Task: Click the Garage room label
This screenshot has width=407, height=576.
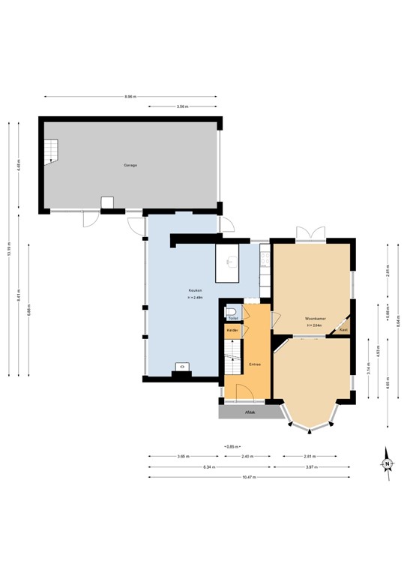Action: (130, 165)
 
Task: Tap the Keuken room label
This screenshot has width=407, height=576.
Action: (193, 291)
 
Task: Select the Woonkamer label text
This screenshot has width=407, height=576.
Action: (315, 317)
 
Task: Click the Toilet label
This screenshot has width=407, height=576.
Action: (232, 319)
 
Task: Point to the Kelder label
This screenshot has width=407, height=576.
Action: (232, 331)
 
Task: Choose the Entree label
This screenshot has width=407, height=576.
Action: (255, 364)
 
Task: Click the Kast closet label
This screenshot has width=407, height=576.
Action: (343, 330)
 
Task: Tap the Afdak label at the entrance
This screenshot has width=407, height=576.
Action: (250, 412)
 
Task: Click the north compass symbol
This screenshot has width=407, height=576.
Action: (387, 463)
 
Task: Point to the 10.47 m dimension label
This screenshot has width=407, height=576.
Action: (249, 477)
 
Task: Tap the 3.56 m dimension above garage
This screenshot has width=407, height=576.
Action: (182, 107)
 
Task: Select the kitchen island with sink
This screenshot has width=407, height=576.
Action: (227, 262)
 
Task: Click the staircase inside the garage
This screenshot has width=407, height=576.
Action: (50, 151)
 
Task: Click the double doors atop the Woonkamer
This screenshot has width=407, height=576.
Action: (310, 232)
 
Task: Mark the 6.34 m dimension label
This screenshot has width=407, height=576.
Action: (211, 466)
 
